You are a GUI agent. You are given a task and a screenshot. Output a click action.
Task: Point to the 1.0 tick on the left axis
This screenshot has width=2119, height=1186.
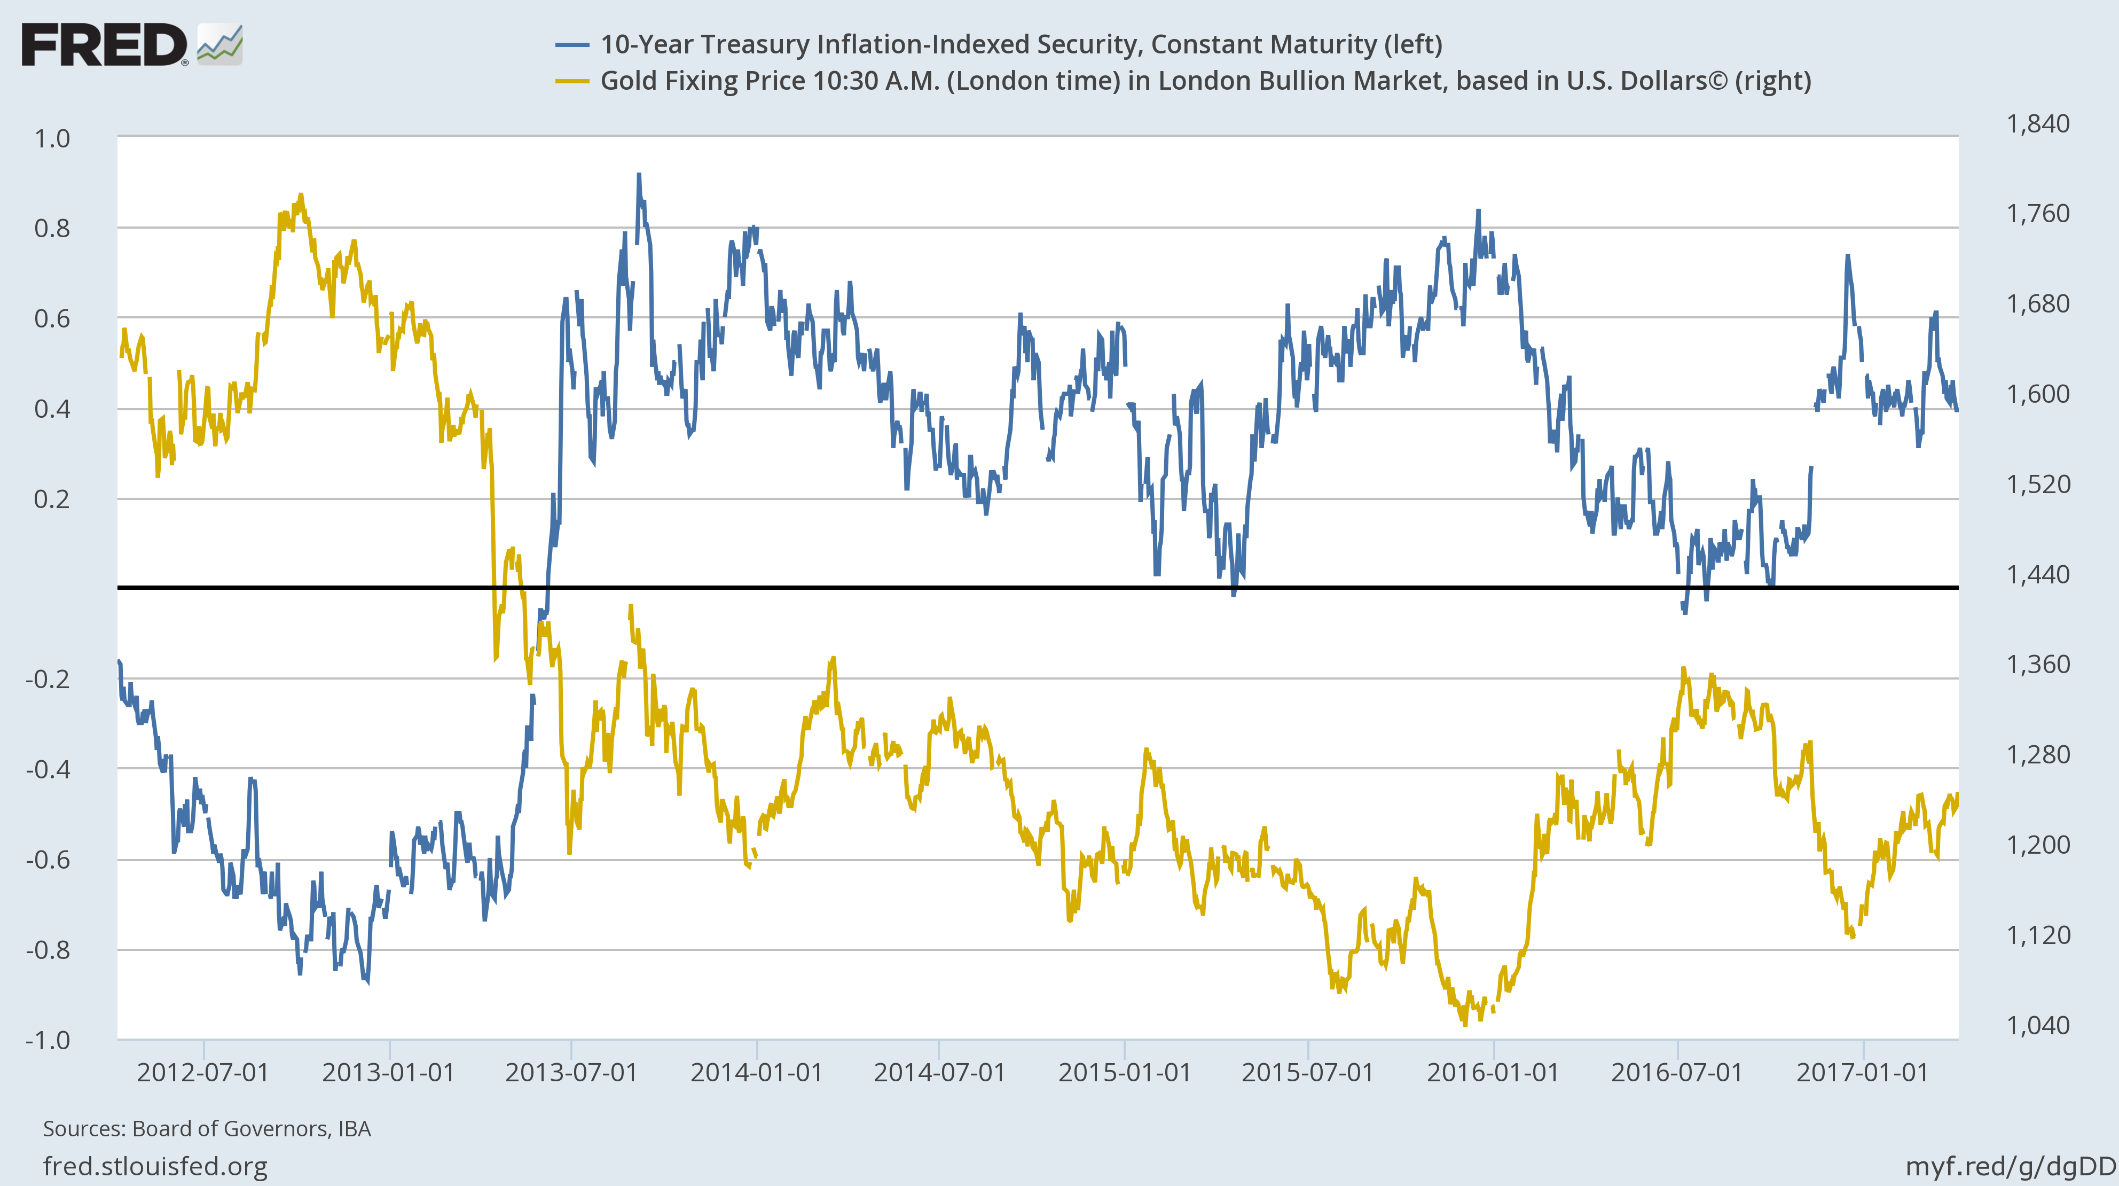tap(52, 138)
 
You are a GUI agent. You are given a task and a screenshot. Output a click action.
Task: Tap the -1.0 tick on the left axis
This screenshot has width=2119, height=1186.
tap(48, 1040)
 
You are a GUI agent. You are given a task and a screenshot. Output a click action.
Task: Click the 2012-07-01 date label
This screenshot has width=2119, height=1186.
tap(202, 1072)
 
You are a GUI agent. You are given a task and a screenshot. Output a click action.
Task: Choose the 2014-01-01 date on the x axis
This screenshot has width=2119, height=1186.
tap(756, 1072)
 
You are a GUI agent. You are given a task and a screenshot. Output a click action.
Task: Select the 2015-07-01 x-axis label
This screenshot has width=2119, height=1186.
tap(1307, 1072)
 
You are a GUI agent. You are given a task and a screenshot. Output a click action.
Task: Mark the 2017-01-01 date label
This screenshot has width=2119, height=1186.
tap(1862, 1072)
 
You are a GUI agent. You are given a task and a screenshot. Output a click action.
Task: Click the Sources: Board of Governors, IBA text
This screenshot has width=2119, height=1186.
tap(207, 1128)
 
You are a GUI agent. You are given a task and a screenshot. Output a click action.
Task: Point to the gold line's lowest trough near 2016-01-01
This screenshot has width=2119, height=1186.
tap(1464, 1023)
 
